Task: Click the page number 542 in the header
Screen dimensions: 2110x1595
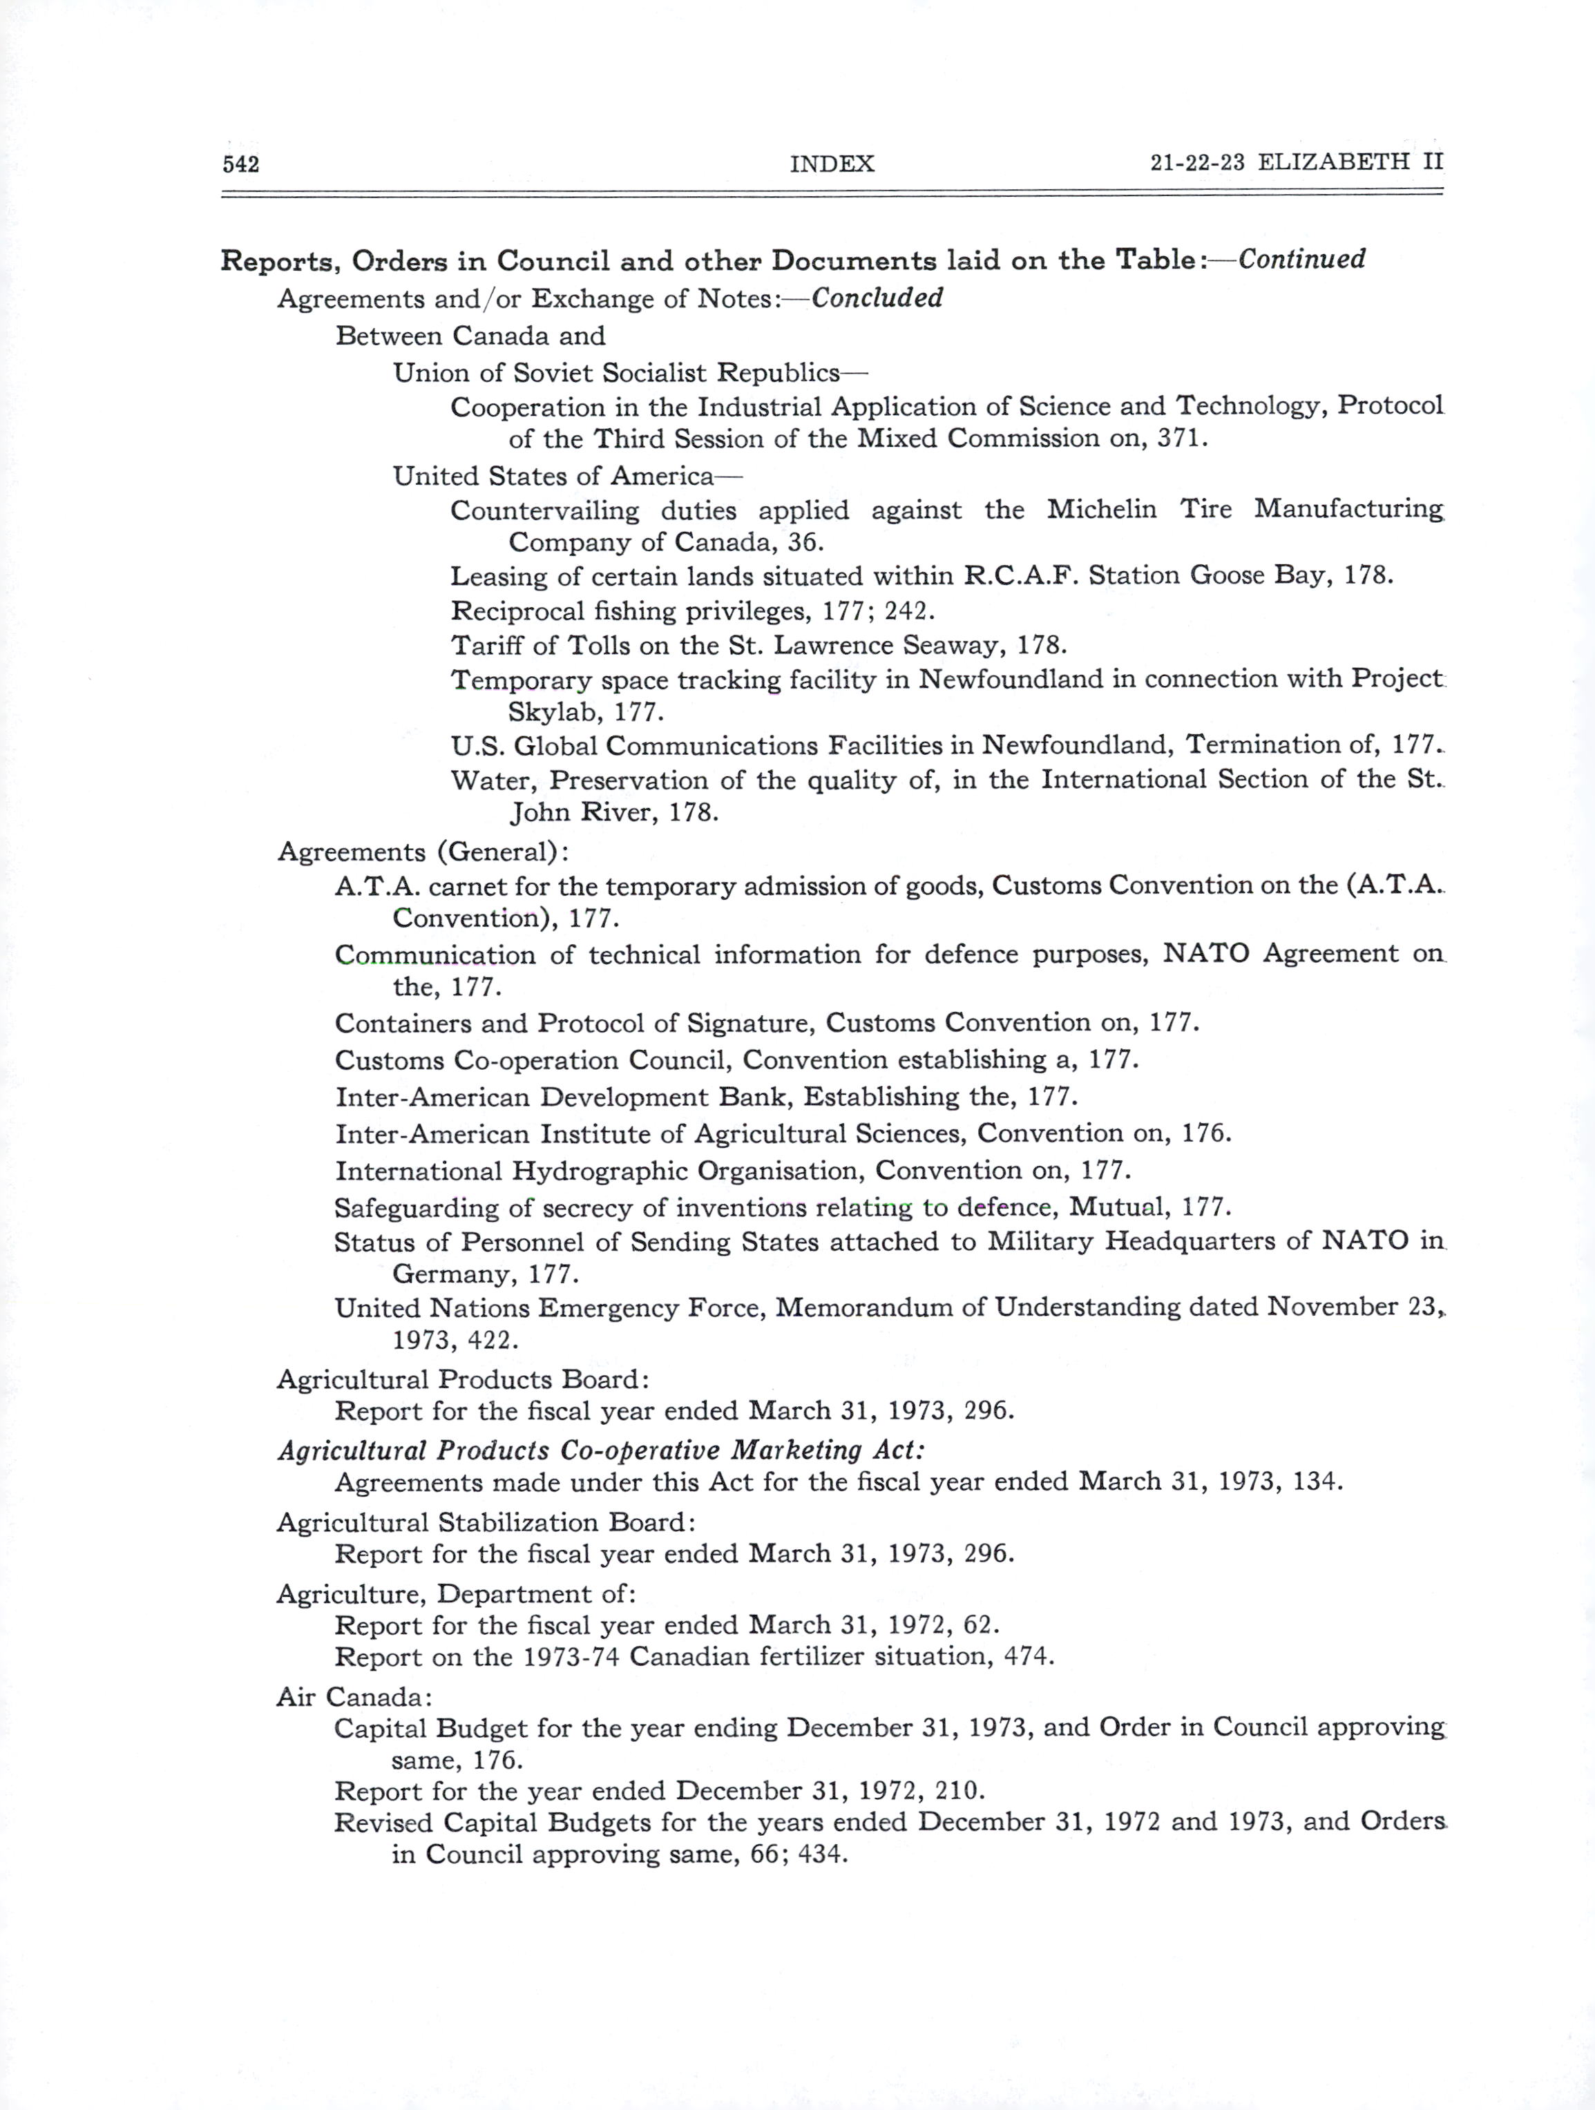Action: [x=240, y=164]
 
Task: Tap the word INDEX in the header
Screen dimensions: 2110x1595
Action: [x=832, y=164]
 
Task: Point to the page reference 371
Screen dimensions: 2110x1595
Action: [x=1182, y=439]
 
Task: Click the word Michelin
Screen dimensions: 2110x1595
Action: [x=1102, y=510]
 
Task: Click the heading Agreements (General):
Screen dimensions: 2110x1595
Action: [x=423, y=851]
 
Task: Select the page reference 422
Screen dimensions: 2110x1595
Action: [x=493, y=1340]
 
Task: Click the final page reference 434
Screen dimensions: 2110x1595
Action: [x=821, y=1854]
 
